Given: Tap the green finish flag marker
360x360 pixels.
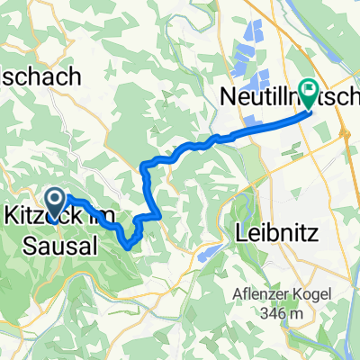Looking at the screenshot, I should tap(309, 90).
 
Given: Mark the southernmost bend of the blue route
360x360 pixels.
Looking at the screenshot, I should tap(130, 245).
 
